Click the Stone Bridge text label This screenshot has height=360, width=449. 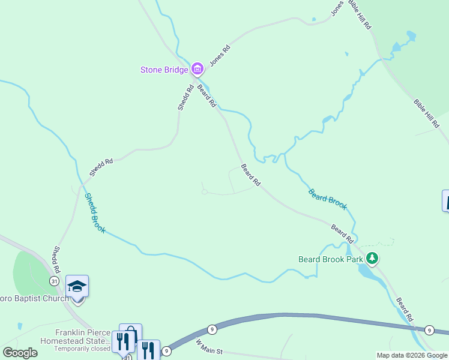pyautogui.click(x=164, y=70)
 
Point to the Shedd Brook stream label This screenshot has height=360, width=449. pyautogui.click(x=95, y=213)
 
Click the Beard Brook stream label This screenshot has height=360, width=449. pyautogui.click(x=327, y=199)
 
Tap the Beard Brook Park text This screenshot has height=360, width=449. pyautogui.click(x=331, y=260)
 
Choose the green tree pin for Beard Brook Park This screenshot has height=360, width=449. pyautogui.click(x=373, y=259)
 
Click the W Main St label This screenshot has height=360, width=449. pyautogui.click(x=209, y=346)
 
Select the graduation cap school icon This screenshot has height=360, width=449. pyautogui.click(x=77, y=286)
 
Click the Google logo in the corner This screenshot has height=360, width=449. pyautogui.click(x=20, y=353)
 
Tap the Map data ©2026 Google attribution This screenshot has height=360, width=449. pyautogui.click(x=412, y=355)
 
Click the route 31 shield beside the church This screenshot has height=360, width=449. pyautogui.click(x=55, y=281)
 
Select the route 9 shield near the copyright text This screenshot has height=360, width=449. pyautogui.click(x=429, y=330)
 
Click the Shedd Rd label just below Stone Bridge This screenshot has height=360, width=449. pyautogui.click(x=185, y=97)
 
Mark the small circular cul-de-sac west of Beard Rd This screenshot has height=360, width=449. pyautogui.click(x=204, y=192)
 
